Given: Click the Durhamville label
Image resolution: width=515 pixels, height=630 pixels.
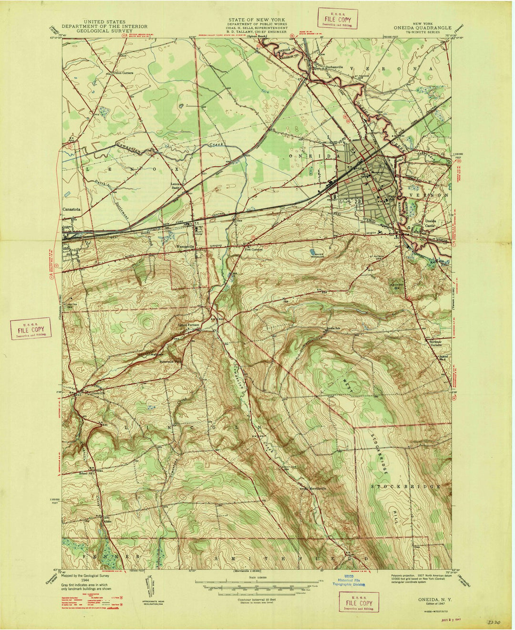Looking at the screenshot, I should click(x=328, y=67).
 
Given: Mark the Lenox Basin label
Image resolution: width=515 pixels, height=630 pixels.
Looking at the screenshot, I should click(x=178, y=185).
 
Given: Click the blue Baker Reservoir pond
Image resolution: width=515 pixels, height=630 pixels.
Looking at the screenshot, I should click(x=313, y=251).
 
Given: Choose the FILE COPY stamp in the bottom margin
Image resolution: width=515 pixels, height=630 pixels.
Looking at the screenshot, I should click(x=359, y=602).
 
